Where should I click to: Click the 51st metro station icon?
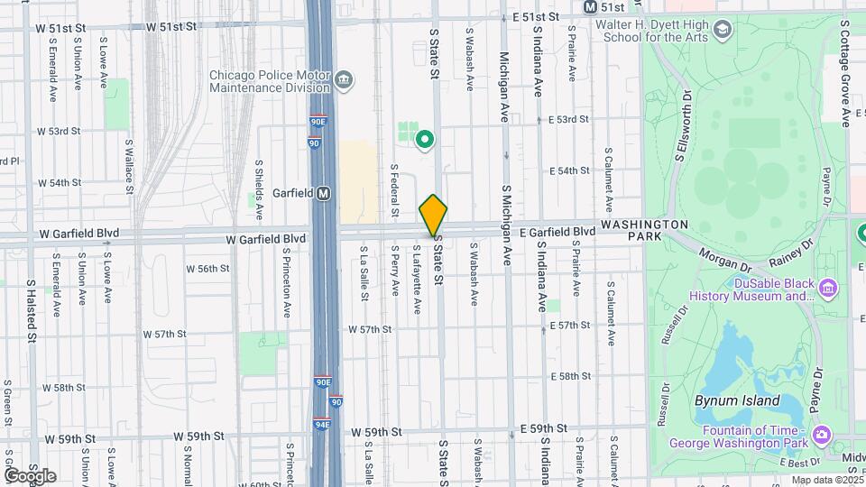tap(591, 6)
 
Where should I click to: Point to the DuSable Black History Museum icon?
tap(830, 288)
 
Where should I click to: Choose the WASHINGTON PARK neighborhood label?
tap(645, 229)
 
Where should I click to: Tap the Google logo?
tap(29, 475)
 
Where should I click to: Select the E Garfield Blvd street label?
tap(557, 232)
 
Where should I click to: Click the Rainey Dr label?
tap(791, 252)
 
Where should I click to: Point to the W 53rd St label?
tap(58, 131)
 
